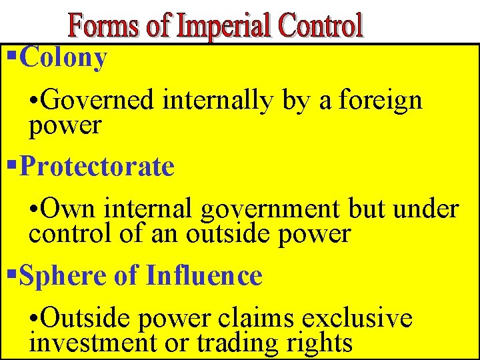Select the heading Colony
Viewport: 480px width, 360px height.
(x=64, y=59)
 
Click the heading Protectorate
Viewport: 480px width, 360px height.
(x=97, y=167)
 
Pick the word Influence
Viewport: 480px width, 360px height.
(x=204, y=276)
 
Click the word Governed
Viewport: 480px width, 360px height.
(x=100, y=101)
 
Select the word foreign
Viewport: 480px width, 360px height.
(x=380, y=101)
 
